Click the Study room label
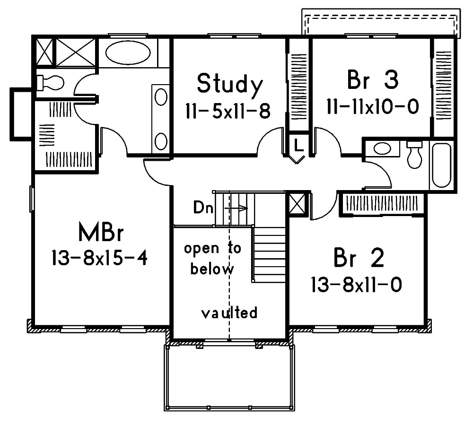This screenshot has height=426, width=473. [x=229, y=84]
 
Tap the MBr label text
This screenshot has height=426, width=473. [x=101, y=234]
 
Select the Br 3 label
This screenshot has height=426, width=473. [x=373, y=81]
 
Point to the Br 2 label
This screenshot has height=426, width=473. [x=359, y=258]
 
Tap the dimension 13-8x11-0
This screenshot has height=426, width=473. [x=357, y=285]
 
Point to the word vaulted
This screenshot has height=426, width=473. [x=229, y=313]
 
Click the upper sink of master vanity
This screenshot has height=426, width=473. [x=161, y=97]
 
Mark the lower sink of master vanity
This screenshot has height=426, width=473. [x=161, y=141]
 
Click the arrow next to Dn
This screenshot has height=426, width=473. [x=236, y=208]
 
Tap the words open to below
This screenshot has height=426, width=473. [x=212, y=259]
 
